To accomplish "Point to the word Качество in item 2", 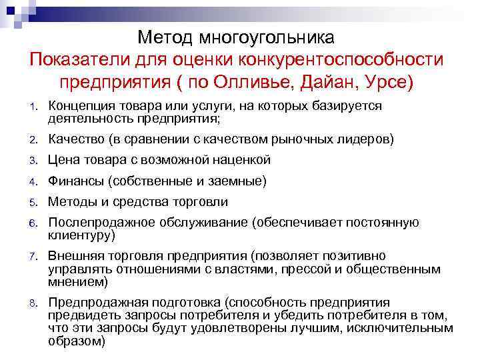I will (76, 140).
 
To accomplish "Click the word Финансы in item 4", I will (77, 181).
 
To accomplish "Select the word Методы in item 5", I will (71, 201).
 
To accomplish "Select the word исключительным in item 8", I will (403, 328).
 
